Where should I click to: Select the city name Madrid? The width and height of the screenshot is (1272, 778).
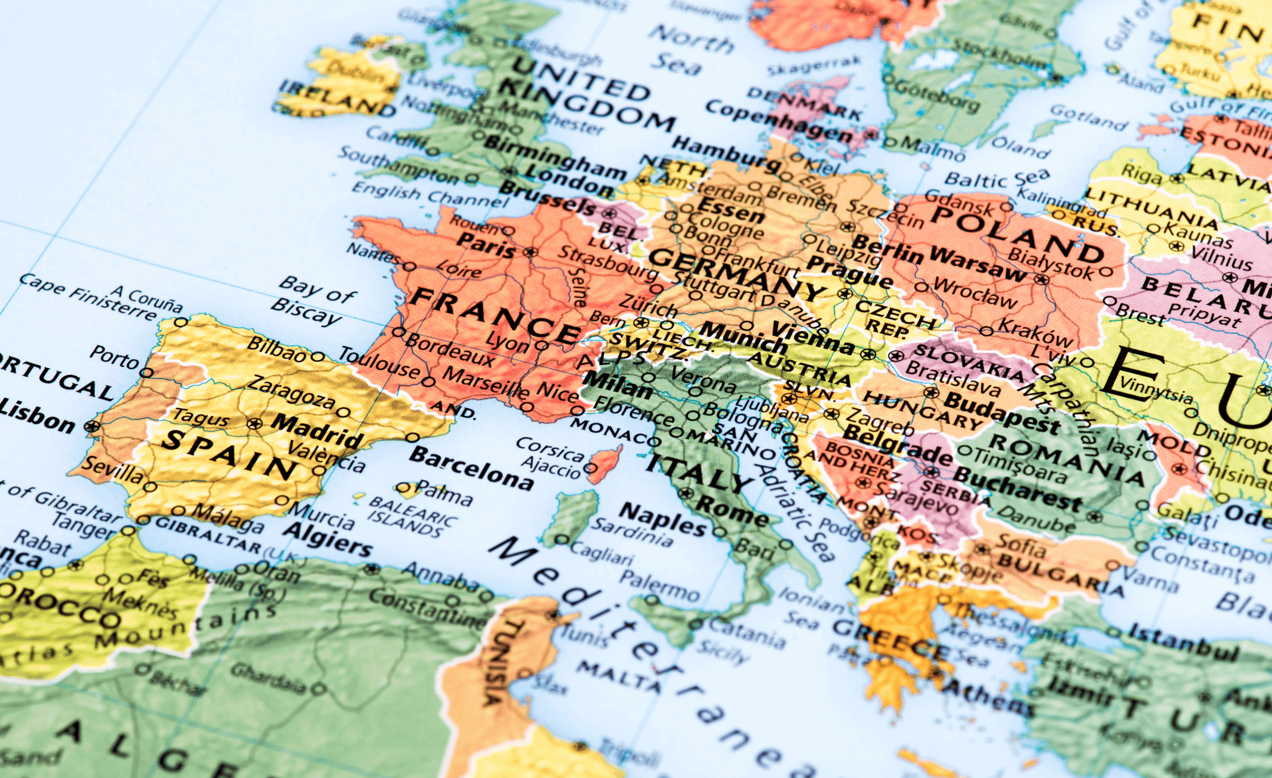tap(317, 430)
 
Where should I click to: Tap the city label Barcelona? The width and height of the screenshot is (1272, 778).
tap(471, 468)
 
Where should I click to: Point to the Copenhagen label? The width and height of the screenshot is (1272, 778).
tap(779, 120)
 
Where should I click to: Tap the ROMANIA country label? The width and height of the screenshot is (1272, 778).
tap(1066, 459)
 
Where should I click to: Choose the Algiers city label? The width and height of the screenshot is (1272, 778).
tap(327, 539)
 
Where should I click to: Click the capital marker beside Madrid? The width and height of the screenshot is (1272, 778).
tap(255, 424)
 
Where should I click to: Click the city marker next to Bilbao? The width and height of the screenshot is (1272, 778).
tap(318, 357)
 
